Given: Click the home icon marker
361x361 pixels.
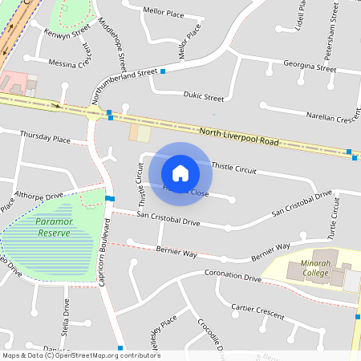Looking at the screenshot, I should click(x=180, y=172).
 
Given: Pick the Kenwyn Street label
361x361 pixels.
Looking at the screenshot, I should click(x=68, y=34).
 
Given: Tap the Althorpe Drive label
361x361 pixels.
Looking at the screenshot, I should click(x=39, y=196).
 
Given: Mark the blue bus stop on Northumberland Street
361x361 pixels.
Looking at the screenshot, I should click(x=163, y=71).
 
